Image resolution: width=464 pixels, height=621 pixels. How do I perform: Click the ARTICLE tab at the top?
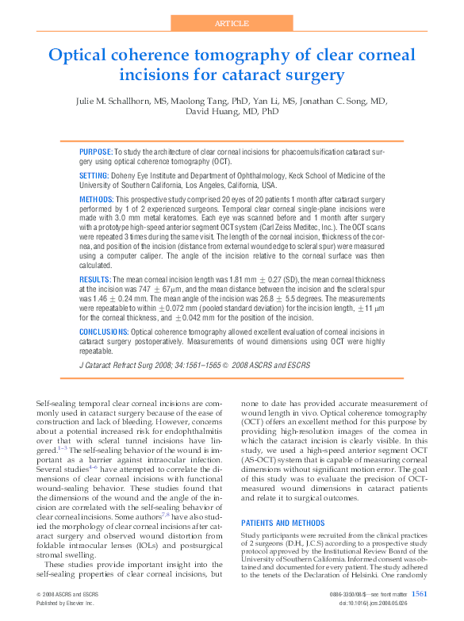click(x=232, y=23)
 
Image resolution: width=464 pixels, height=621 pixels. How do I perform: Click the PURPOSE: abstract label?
click(x=96, y=151)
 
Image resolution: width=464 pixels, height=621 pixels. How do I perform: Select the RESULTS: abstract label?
click(x=95, y=281)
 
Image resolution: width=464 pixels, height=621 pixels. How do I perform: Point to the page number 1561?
click(x=420, y=594)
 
